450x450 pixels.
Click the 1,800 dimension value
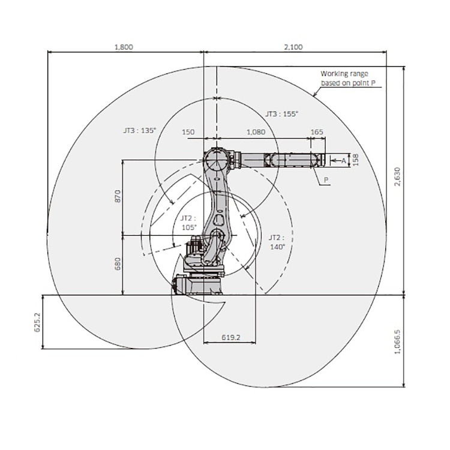(x=124, y=47)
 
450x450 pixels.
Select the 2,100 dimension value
(x=293, y=47)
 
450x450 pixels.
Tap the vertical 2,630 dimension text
(x=397, y=176)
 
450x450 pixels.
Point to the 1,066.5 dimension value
(x=397, y=342)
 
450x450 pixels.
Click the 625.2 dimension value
(x=38, y=322)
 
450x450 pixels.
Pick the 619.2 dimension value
(x=231, y=337)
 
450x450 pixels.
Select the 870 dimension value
(x=118, y=196)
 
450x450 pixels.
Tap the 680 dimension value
(x=118, y=264)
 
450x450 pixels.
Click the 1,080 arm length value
(x=256, y=132)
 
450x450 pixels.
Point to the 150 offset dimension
(x=188, y=132)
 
